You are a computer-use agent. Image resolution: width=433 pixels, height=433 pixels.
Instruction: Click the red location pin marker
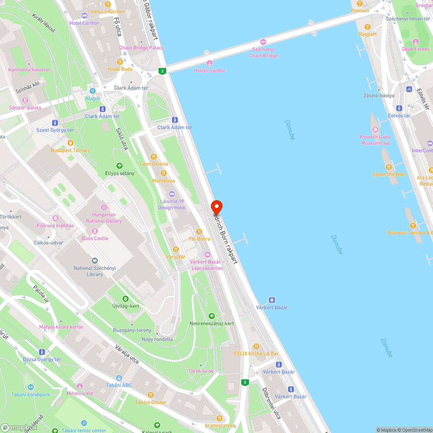[x=216, y=207]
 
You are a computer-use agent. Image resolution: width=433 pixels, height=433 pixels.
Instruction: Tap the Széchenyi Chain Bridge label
[x=263, y=53]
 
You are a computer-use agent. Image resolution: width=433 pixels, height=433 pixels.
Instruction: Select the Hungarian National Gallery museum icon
[x=103, y=208]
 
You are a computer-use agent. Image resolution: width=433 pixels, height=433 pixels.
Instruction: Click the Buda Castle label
[x=95, y=238]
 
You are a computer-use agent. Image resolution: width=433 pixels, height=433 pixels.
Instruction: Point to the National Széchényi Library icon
[x=95, y=261]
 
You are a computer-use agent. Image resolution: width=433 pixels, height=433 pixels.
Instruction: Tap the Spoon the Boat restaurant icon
[x=389, y=167]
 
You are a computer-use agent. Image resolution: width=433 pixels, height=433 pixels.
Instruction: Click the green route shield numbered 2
[x=162, y=71]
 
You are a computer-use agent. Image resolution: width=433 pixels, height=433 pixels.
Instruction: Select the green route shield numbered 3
[x=245, y=382]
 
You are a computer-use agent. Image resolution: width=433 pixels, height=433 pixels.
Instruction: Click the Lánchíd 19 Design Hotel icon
[x=172, y=194]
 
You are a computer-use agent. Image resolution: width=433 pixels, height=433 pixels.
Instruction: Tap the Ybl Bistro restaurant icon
[x=199, y=232]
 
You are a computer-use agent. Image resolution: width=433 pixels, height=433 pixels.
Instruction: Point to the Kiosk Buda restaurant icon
[x=120, y=62]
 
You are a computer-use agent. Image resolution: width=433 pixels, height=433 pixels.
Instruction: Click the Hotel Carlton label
[x=84, y=23]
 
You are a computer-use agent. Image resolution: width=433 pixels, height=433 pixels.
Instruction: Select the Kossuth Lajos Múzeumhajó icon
[x=375, y=129]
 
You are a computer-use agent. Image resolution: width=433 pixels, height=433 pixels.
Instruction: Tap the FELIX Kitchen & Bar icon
[x=256, y=346]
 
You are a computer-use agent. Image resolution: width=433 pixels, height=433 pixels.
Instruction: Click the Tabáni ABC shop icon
[x=119, y=378]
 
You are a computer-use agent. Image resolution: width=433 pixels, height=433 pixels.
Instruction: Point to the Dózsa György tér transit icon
[x=42, y=352]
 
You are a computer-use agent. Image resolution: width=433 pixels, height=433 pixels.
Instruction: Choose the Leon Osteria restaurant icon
[x=153, y=157]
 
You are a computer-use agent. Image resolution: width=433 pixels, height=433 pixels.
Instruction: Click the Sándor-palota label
[x=25, y=107]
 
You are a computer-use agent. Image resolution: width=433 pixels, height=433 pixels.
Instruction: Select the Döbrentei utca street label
[x=271, y=403]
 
